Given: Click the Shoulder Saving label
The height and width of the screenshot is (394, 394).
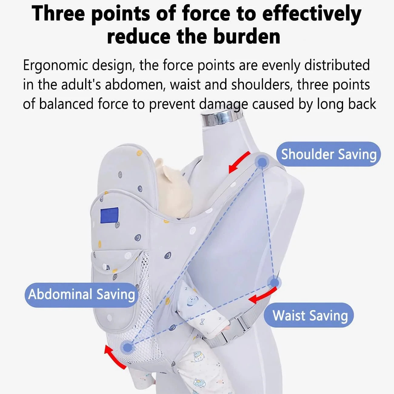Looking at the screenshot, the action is tap(328, 154).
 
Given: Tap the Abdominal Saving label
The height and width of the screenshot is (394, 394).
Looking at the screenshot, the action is tap(82, 295).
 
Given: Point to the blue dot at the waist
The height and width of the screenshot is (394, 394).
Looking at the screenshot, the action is tap(274, 283).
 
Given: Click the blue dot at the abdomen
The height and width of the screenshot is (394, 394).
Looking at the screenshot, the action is tap(128, 347).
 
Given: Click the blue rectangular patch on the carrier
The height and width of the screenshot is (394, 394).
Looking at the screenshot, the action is tap(109, 215).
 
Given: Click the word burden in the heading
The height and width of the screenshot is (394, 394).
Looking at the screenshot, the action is tap(247, 36).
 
